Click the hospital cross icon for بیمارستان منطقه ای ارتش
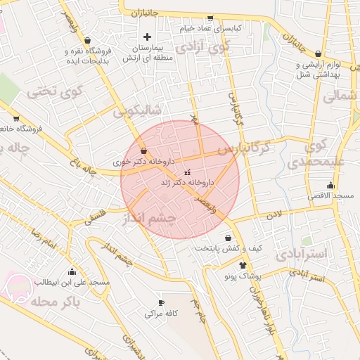coord(147,37)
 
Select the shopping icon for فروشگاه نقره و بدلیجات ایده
coord(86,40)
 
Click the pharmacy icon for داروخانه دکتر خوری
coord(144,150)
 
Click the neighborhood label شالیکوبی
coord(138,110)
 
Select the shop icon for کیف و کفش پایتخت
coord(228,238)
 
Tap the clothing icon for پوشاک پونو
coord(243,266)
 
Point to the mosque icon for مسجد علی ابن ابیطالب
coord(71,271)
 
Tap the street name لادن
coord(274,211)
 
